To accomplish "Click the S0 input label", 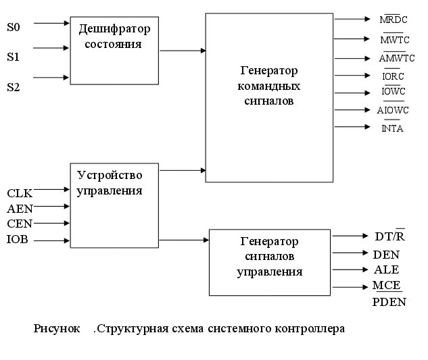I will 14,28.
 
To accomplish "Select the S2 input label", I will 14,86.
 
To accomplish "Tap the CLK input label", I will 19,194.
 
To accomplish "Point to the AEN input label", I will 20,209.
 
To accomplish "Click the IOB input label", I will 18,239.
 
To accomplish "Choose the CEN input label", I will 20,224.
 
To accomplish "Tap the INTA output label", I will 392,128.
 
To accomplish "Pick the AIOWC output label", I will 394,110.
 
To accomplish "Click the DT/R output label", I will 389,236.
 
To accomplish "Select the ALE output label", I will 386,269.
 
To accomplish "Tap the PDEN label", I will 389,302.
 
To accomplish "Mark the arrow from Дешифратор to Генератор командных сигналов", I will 183,50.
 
